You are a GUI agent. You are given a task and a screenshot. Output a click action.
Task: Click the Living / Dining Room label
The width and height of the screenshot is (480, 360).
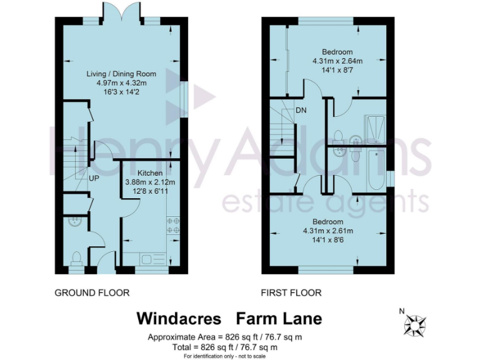tap(121, 74)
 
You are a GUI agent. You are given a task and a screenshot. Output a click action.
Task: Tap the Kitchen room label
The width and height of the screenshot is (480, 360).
tap(150, 173)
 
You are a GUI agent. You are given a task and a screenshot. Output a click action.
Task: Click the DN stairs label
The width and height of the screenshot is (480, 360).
tap(301, 111)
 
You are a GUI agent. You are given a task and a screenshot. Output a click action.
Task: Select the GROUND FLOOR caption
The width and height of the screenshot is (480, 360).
tap(92, 292)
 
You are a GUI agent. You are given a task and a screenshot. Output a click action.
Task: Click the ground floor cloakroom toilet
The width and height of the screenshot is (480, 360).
tap(76, 258)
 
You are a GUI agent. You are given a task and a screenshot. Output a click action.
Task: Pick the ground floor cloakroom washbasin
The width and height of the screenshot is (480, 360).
tap(74, 221)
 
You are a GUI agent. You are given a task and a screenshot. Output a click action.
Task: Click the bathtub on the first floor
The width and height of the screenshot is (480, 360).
tap(376, 171)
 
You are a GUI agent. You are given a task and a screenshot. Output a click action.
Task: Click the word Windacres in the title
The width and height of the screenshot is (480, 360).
tap(179, 319)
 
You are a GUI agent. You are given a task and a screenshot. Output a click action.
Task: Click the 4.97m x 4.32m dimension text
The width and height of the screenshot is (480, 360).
tap(121, 83)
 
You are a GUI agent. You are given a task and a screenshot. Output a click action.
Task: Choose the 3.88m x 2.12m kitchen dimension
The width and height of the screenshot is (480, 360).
tap(150, 182)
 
